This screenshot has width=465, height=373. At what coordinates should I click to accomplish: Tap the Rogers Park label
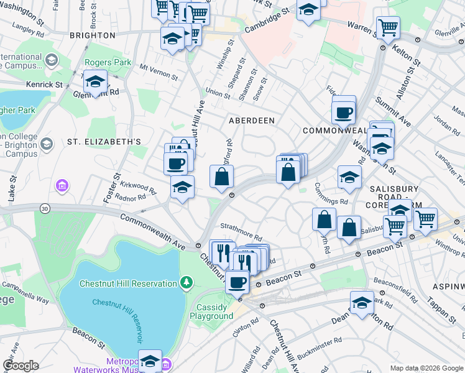click(x=109, y=62)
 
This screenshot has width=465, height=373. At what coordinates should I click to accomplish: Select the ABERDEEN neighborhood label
click(x=252, y=120)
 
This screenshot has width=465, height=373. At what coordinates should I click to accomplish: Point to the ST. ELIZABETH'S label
click(x=104, y=142)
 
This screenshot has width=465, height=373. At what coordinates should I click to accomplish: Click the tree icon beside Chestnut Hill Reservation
click(x=186, y=283)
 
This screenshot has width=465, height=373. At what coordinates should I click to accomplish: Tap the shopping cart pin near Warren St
click(x=388, y=27)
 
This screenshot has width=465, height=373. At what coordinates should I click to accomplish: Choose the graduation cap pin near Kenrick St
click(x=96, y=82)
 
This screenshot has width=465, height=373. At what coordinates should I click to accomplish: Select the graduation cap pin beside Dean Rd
click(x=362, y=303)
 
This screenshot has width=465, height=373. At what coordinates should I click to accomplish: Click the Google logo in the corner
click(x=21, y=366)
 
